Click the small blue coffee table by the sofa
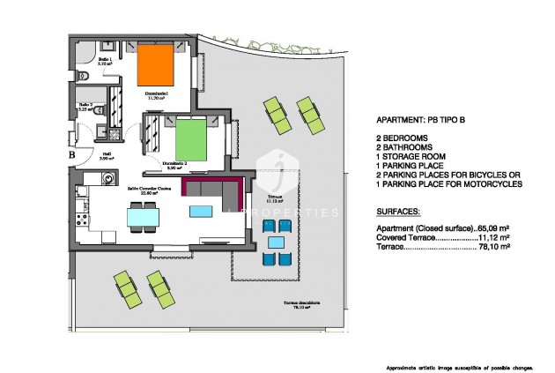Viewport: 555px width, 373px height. pyautogui.click(x=202, y=211)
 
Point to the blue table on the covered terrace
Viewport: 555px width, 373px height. pyautogui.click(x=276, y=242)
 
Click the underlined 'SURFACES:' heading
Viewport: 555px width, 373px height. pyautogui.click(x=397, y=213)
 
